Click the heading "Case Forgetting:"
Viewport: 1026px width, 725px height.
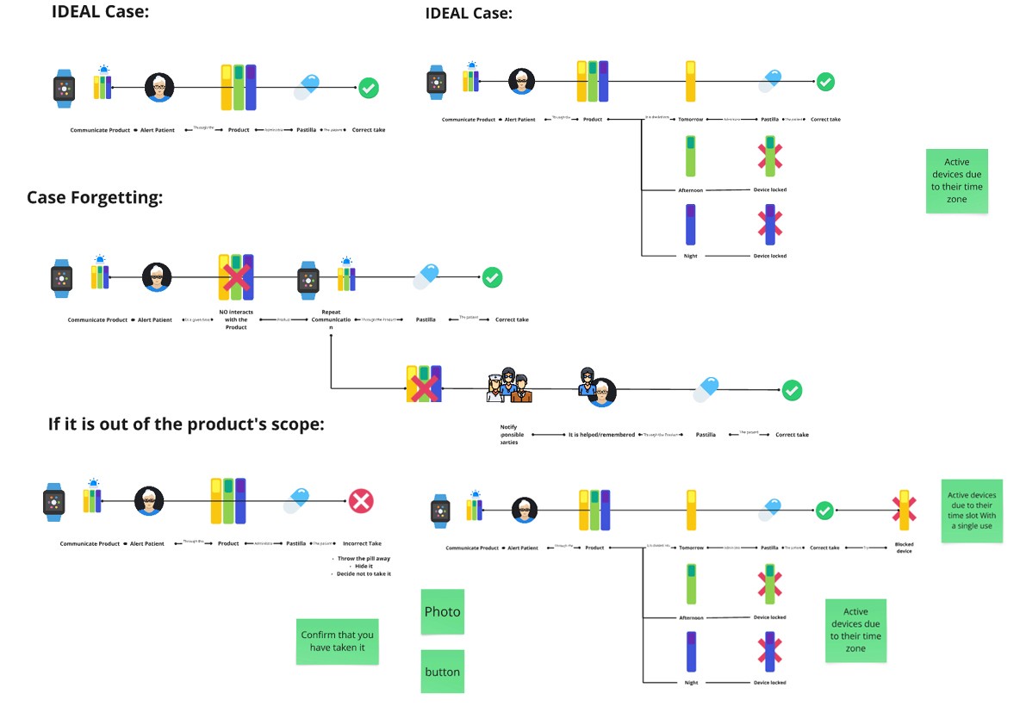coord(95,197)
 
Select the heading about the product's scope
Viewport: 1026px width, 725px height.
coord(187,424)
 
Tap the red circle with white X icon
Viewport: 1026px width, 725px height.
coord(360,501)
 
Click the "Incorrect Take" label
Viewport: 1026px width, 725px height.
coord(362,543)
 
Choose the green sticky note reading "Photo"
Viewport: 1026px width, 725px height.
coord(442,611)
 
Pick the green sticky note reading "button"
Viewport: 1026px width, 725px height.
coord(442,672)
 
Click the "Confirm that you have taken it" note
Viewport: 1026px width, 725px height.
coord(337,641)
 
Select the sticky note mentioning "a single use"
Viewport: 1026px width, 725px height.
coord(972,511)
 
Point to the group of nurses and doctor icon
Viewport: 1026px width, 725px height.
coord(509,385)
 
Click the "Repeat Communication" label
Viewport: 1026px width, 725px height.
coord(331,316)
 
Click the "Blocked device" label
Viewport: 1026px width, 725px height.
coord(904,548)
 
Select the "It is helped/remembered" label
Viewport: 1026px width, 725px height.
coord(600,435)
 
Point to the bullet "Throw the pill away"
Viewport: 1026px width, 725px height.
coord(362,558)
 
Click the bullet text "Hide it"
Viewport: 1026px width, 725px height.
coord(363,566)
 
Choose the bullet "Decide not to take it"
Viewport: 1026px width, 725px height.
coord(363,573)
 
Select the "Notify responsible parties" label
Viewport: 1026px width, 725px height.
coord(513,434)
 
